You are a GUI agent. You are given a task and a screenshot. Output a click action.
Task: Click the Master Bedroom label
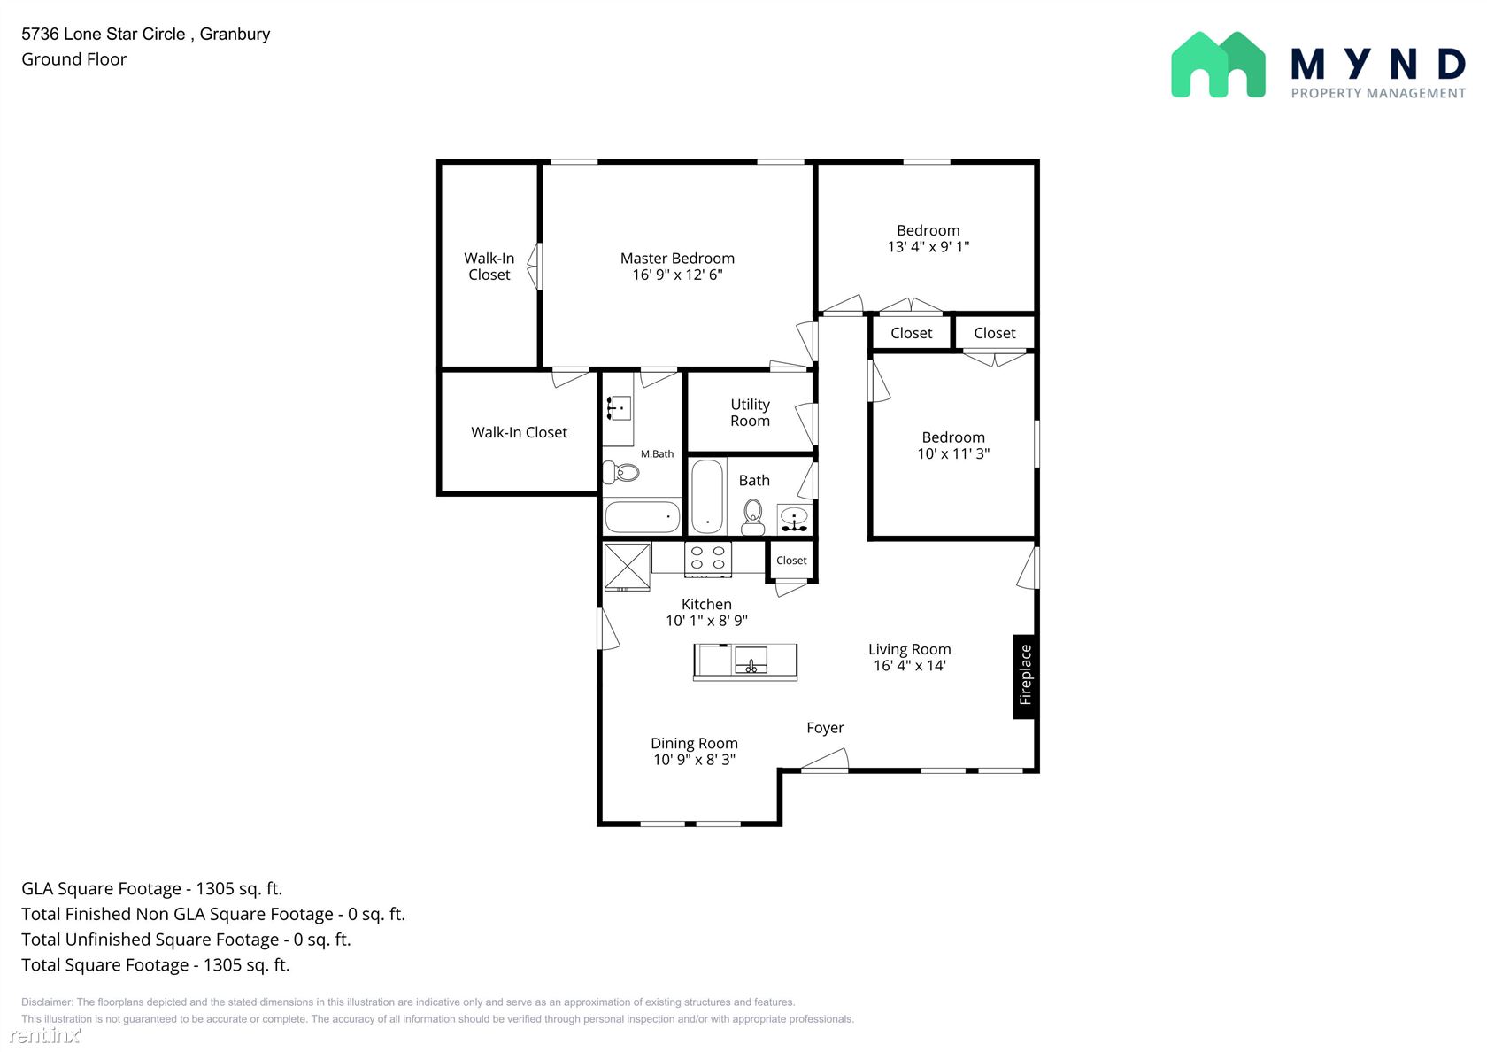coord(677,259)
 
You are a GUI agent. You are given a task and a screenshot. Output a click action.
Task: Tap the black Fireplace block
coord(1024,677)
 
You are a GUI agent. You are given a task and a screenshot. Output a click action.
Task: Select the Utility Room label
coord(751,413)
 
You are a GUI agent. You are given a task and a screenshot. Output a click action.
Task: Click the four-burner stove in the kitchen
coord(708,559)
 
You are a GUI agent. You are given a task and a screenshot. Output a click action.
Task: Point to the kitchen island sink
coord(751,661)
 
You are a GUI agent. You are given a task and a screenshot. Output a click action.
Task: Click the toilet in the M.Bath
coord(620,472)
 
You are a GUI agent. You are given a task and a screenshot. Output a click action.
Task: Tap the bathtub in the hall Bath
coord(707,496)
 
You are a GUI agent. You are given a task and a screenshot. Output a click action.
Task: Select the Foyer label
coord(825,728)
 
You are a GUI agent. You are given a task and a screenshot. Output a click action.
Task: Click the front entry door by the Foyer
coord(825,762)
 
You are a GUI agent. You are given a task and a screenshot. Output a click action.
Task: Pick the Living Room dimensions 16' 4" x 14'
coord(910,666)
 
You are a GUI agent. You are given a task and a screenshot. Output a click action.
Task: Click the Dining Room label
coord(694,743)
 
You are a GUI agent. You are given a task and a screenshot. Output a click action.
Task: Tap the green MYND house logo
coord(1218,65)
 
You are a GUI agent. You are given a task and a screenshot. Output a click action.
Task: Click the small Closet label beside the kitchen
coord(791,561)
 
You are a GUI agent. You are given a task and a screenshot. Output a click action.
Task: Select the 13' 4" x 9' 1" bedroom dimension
coord(928,247)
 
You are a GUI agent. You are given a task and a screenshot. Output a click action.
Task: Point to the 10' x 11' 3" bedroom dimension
coord(953,453)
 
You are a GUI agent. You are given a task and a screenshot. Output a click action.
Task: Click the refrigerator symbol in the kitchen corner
coord(627,567)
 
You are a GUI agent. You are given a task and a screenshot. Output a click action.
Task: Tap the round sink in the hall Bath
coord(794,518)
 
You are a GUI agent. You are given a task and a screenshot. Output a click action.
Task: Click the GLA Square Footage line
coord(152,889)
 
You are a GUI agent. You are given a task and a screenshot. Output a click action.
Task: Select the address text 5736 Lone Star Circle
coord(103,34)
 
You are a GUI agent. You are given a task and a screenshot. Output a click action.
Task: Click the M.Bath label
coord(657,453)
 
